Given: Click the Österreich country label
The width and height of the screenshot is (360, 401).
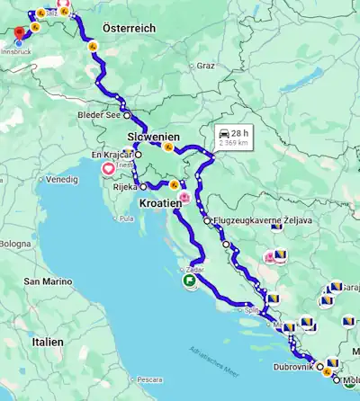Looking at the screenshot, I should (129, 29).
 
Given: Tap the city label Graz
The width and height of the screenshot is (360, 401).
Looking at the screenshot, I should (206, 66).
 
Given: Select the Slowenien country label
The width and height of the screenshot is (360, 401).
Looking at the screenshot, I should (153, 137).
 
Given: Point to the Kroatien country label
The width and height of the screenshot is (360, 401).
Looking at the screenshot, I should (160, 203).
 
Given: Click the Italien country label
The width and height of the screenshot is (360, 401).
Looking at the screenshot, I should (44, 342).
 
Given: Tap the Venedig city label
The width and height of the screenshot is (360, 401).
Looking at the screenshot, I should (62, 179).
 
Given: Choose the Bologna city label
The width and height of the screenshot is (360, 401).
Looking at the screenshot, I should (14, 244).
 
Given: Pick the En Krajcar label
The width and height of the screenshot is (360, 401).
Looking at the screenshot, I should (112, 155).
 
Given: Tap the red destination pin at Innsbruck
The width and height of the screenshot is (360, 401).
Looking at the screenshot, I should (20, 34).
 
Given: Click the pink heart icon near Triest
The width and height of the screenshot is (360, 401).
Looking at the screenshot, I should (109, 168).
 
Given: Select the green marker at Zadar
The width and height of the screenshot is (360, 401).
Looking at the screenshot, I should (191, 280).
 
